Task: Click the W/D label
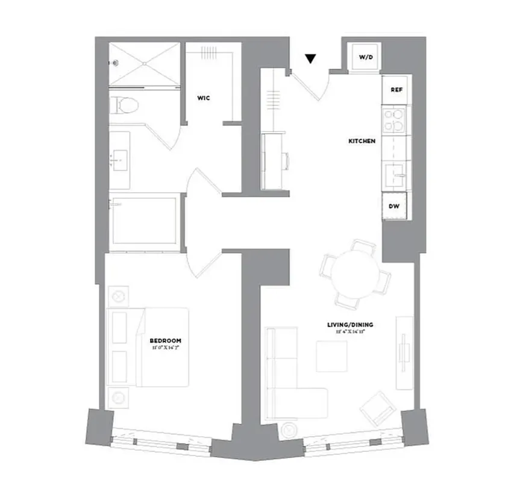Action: click(366, 57)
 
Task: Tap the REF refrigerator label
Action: click(396, 90)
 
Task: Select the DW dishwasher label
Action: click(395, 206)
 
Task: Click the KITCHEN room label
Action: click(362, 141)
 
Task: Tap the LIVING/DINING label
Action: click(350, 325)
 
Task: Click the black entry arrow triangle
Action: click(310, 58)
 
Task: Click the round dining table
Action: click(357, 272)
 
